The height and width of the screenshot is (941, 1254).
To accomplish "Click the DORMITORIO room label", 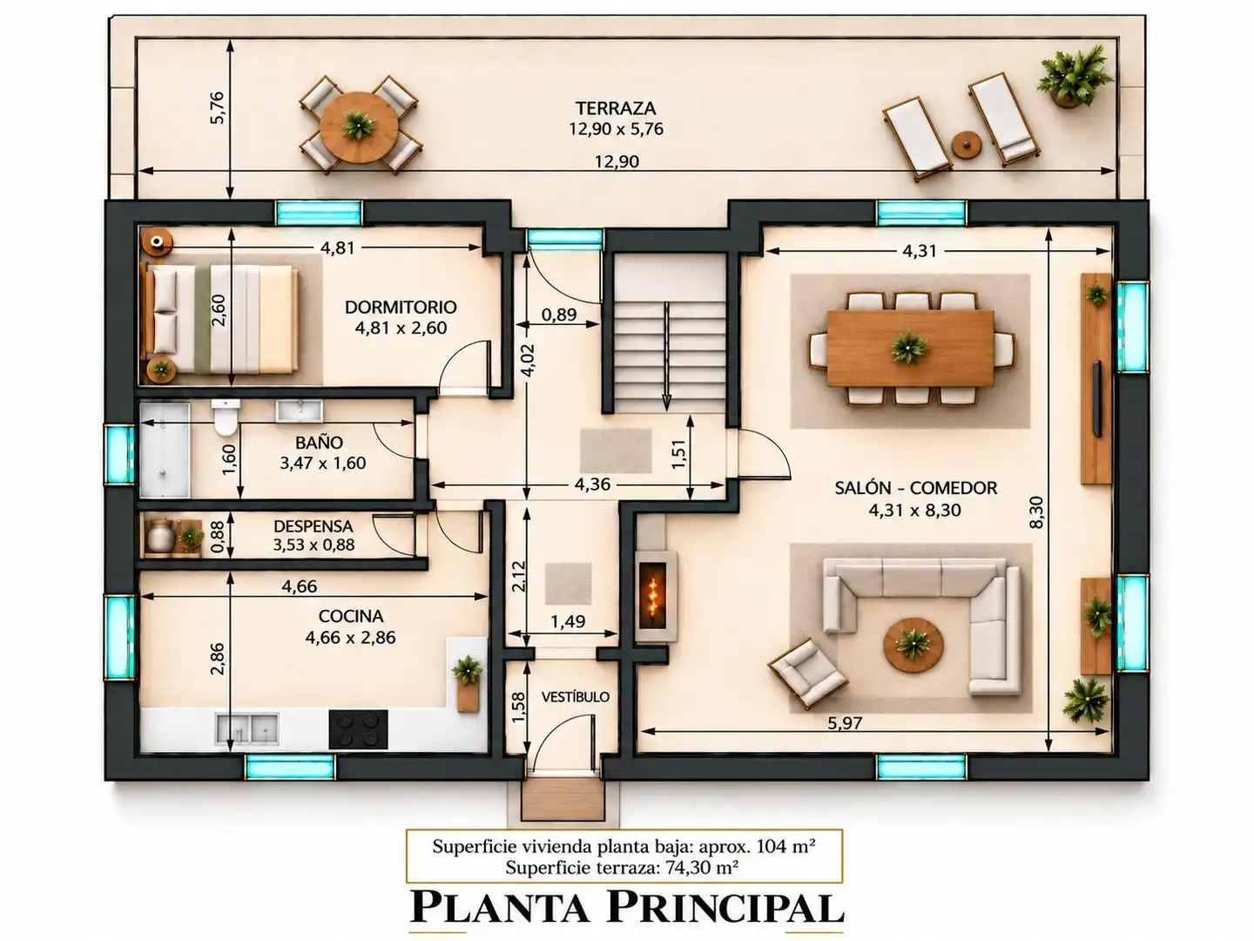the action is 401,308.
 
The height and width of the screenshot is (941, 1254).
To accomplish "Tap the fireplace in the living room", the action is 656,596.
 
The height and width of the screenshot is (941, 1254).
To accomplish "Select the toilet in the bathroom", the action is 226,416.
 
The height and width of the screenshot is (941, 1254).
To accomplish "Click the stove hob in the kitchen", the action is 358,729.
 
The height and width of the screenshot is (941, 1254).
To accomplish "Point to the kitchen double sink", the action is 247,728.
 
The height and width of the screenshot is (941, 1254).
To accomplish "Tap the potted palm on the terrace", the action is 1074,76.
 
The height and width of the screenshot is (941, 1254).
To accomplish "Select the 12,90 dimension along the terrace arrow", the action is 617,162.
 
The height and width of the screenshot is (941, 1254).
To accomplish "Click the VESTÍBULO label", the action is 576,697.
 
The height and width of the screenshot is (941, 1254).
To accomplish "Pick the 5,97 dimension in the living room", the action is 845,723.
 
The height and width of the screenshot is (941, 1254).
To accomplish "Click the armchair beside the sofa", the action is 807,673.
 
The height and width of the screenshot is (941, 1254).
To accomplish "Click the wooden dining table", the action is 911,348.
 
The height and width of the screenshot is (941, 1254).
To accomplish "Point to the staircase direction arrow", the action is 666,356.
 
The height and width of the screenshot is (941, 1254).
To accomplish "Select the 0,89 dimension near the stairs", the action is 559,315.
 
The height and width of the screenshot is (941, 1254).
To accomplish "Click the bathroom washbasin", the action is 300,410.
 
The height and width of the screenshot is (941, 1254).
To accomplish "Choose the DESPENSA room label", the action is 313,526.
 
